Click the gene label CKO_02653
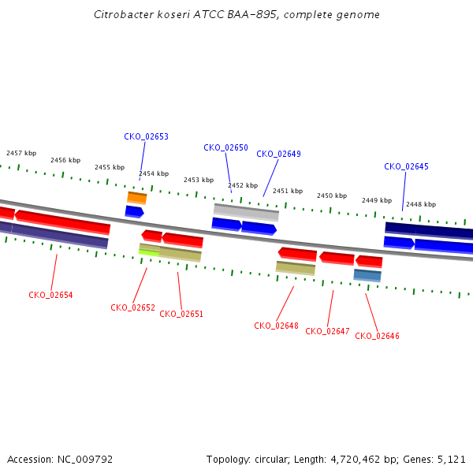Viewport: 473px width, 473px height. tap(146, 136)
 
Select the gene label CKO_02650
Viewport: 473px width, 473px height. tap(225, 147)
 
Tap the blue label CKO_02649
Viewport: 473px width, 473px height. tap(278, 154)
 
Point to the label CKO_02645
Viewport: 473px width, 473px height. tap(406, 166)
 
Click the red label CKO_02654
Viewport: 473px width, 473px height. tap(50, 295)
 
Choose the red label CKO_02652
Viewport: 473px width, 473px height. tap(132, 307)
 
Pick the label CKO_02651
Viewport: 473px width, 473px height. tap(181, 314)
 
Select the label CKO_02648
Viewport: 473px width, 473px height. tap(276, 326)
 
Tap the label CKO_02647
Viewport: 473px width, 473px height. tap(327, 331)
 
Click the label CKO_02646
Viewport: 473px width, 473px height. tap(377, 336)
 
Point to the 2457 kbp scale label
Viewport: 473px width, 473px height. tap(21, 153)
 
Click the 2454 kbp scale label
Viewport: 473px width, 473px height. tap(154, 173)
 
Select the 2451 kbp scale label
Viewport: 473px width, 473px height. tap(288, 191)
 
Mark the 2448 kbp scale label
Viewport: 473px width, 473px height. tap(420, 204)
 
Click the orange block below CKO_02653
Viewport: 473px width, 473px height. tap(137, 197)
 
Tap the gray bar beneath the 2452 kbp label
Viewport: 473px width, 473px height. tap(246, 211)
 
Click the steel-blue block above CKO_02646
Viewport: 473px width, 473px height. tap(367, 275)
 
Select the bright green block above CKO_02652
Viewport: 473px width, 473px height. tap(149, 252)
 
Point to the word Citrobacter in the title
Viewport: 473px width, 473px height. tap(119, 14)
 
